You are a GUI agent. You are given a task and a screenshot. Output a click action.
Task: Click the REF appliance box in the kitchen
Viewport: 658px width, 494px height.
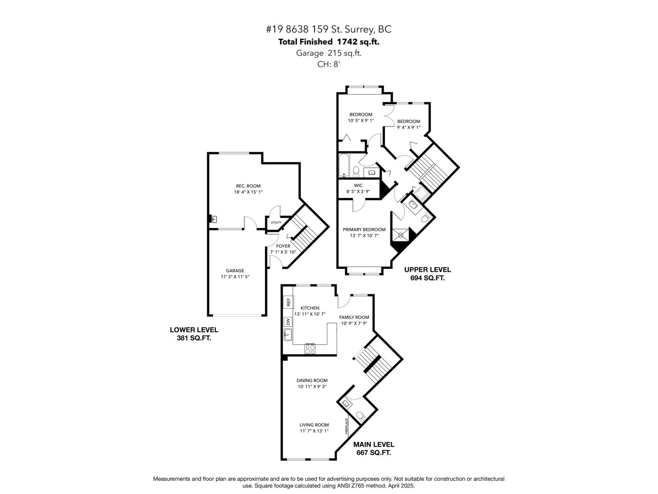288,302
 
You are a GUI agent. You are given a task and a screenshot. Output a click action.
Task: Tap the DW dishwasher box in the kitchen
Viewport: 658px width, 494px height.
288,322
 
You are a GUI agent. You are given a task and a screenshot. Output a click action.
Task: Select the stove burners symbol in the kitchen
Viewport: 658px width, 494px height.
310,349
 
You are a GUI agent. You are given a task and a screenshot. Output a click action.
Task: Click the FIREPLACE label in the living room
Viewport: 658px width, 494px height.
347,426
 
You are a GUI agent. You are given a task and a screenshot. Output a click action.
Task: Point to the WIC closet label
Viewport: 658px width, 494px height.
358,186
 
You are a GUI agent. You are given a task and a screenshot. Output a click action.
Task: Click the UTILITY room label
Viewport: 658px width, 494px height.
276,223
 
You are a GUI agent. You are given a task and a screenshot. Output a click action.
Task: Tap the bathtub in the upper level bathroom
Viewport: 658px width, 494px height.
344,165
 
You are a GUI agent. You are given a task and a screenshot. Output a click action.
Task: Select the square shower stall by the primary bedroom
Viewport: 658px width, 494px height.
401,235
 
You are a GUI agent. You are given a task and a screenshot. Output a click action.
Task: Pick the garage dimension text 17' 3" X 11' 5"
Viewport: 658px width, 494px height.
235,277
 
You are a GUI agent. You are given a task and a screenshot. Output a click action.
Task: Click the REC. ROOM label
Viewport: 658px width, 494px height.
248,186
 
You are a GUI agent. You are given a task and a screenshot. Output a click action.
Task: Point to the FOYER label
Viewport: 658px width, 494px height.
283,246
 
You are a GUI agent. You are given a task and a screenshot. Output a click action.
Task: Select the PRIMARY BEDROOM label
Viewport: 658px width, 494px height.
364,230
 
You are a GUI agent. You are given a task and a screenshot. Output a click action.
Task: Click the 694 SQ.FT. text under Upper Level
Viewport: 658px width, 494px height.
427,278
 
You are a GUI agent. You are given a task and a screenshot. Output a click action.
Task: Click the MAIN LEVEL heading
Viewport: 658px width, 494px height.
374,445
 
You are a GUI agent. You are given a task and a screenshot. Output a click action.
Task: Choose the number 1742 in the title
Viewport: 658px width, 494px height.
346,42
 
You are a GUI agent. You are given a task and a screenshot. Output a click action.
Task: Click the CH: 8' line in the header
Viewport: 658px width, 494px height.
329,64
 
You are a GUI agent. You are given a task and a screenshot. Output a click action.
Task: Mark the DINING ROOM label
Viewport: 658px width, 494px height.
312,380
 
